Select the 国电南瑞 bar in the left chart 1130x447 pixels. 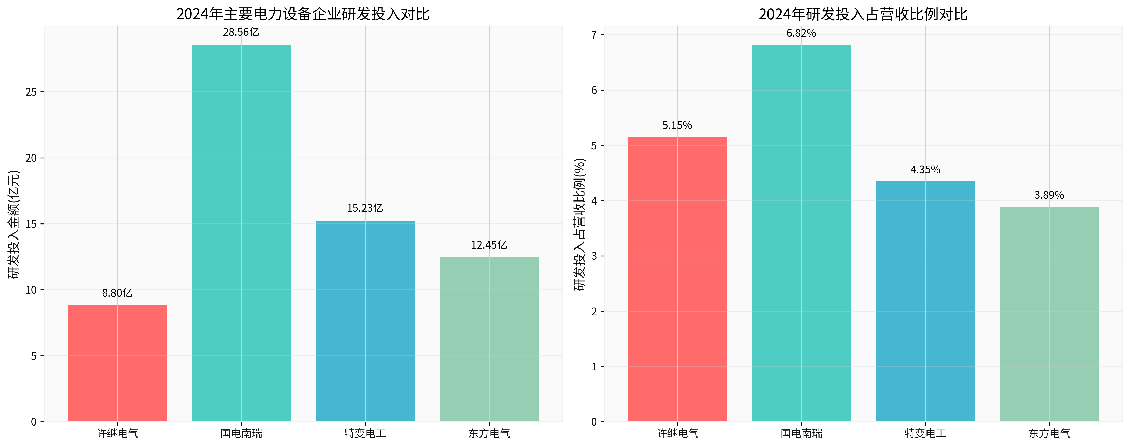click(x=241, y=233)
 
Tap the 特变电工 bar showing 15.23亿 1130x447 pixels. click(x=365, y=321)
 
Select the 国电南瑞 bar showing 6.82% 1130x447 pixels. click(x=801, y=233)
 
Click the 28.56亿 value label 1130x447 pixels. click(x=241, y=32)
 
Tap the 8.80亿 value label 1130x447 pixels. click(x=117, y=293)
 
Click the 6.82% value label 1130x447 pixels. click(x=801, y=33)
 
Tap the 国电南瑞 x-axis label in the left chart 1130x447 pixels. click(x=241, y=433)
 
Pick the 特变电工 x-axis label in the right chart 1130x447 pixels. click(x=925, y=433)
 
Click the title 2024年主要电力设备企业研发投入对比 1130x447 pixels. click(x=303, y=14)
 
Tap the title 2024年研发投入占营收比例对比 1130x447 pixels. click(x=863, y=14)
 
